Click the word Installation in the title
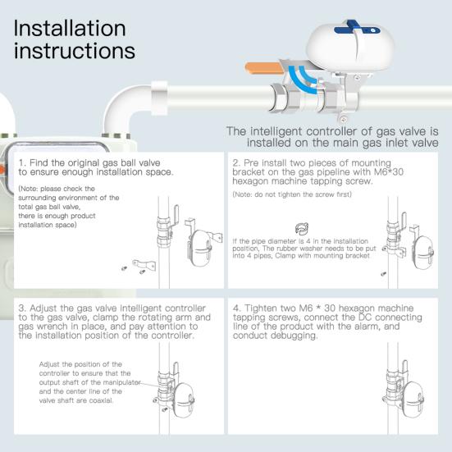coord(70,28)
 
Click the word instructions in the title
coord(75,51)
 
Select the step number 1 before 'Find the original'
coord(21,162)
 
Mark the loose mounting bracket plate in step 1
coord(144,265)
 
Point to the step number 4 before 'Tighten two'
coord(236,309)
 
